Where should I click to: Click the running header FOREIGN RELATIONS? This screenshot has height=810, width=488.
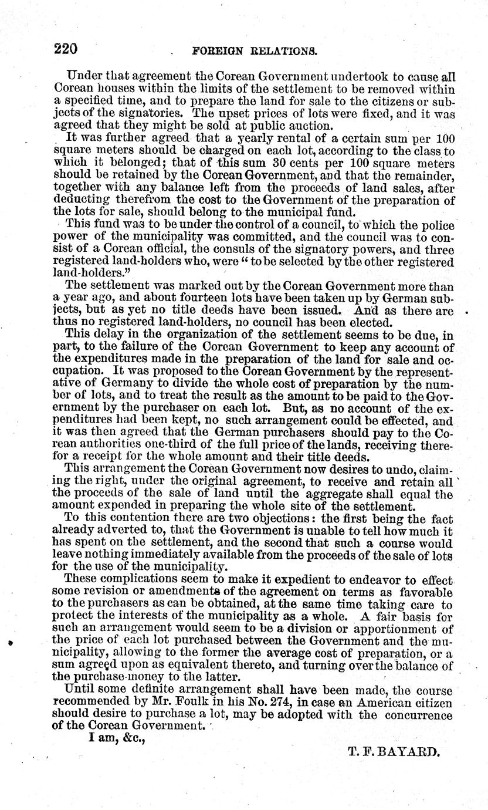255,51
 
